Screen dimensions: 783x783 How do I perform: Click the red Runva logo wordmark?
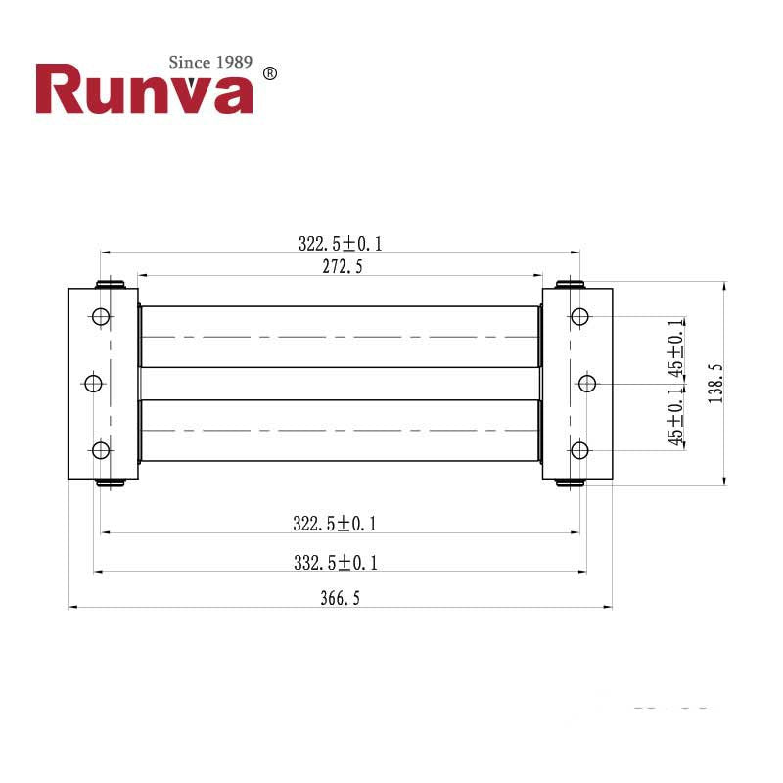(144, 90)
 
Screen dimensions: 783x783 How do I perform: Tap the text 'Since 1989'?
(210, 62)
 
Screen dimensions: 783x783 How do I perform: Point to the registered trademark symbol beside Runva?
(271, 73)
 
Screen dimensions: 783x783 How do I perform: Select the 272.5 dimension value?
(341, 266)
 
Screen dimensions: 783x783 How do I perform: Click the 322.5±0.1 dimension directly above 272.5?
(340, 243)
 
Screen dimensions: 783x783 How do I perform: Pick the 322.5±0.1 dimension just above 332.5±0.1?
(335, 524)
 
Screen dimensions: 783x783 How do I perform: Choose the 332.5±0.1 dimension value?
(335, 562)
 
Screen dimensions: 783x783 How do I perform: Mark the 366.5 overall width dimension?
(340, 598)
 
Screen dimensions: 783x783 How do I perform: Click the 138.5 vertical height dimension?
(714, 384)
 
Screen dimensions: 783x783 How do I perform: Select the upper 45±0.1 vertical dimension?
(675, 349)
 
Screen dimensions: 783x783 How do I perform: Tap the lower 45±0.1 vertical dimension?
(675, 416)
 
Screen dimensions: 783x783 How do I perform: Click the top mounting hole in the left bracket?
(100, 316)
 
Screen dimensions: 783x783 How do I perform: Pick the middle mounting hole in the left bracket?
(93, 383)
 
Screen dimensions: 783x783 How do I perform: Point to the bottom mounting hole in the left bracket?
(100, 449)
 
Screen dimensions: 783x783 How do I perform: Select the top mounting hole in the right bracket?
(579, 316)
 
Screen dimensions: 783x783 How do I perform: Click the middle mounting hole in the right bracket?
(587, 383)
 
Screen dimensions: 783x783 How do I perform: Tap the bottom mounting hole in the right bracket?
(579, 449)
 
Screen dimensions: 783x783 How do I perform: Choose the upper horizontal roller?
(341, 336)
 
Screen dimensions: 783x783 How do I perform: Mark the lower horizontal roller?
(341, 431)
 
